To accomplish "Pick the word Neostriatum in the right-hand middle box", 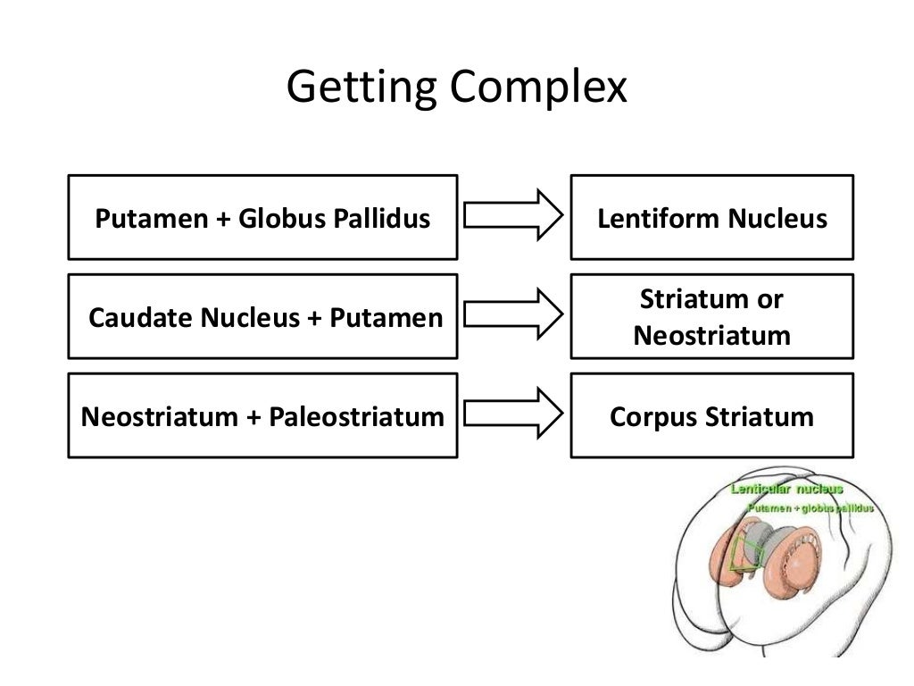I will coord(711,336).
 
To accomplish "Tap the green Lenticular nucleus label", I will coord(786,489).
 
